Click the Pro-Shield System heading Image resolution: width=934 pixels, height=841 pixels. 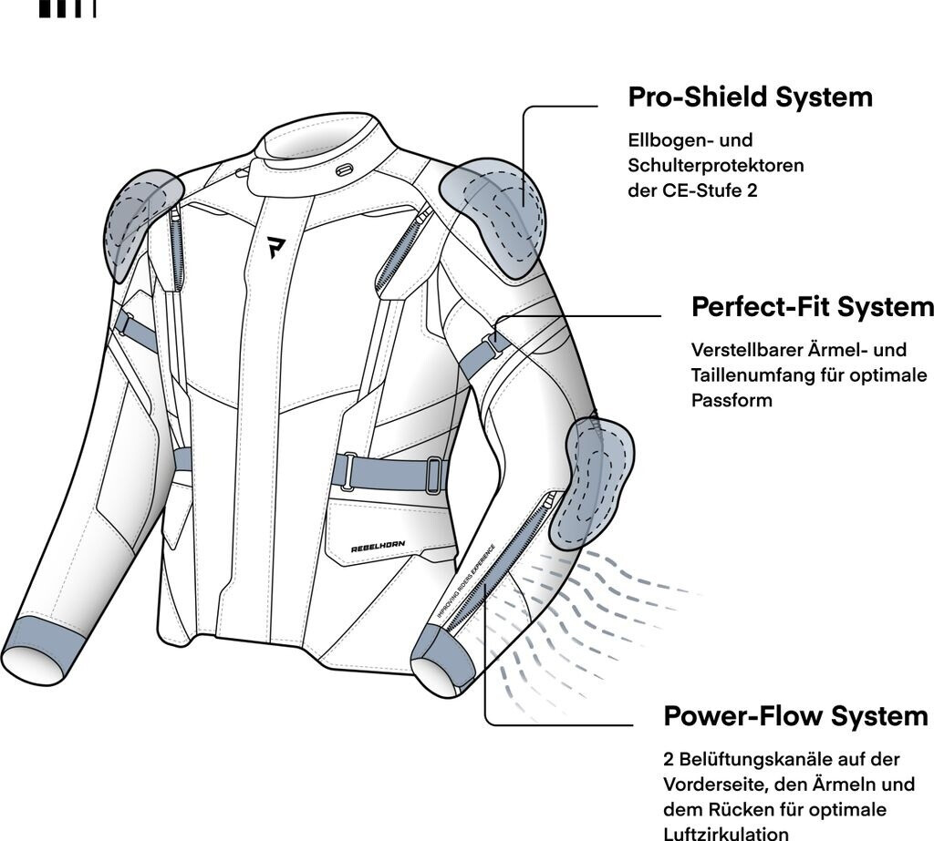(750, 97)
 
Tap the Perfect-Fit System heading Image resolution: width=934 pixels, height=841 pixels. (812, 307)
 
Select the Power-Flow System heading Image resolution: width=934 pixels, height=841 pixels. (795, 715)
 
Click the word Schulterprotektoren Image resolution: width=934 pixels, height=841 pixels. (715, 166)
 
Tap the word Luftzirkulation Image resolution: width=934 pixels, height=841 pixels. (724, 833)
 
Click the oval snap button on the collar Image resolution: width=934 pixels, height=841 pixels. (344, 169)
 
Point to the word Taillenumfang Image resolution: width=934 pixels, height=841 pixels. (744, 375)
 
